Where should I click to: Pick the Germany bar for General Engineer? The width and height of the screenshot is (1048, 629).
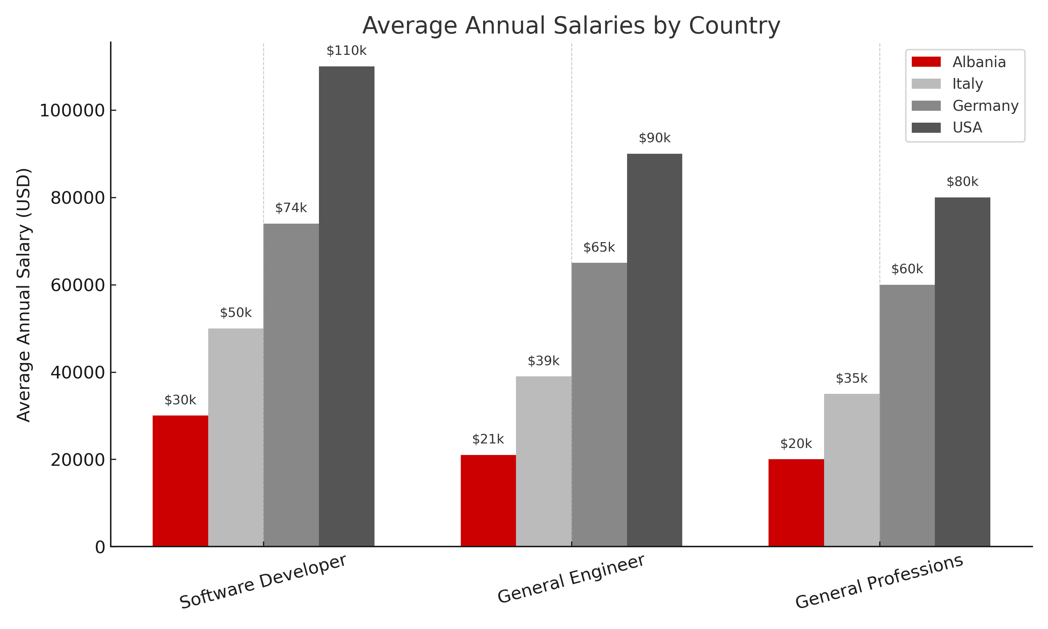[x=599, y=404]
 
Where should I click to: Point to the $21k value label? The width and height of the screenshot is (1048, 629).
[x=488, y=440]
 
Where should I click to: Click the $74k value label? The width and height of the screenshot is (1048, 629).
[x=291, y=208]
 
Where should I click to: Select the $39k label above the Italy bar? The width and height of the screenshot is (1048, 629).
[x=544, y=361]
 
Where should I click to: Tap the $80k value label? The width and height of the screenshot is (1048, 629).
[x=962, y=182]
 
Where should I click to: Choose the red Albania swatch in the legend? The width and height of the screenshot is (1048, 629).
[x=926, y=62]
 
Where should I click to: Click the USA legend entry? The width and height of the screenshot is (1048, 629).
[x=967, y=128]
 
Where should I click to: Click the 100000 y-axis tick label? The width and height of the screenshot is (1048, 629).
[x=72, y=111]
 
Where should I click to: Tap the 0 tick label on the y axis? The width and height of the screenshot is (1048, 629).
[x=100, y=547]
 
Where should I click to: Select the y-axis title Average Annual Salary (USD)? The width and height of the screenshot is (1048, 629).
[x=24, y=295]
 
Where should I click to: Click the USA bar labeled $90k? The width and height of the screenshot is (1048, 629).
[x=654, y=350]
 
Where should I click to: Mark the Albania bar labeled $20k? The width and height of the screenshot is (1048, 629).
[x=796, y=503]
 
